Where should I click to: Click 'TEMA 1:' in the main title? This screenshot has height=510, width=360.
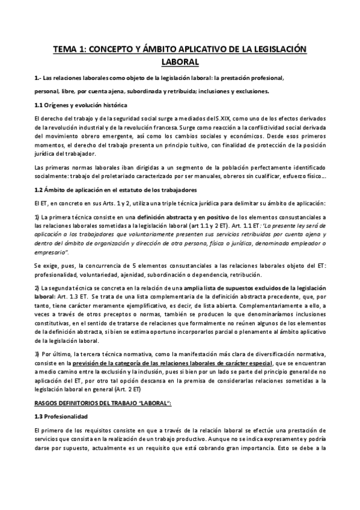point(70,50)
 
